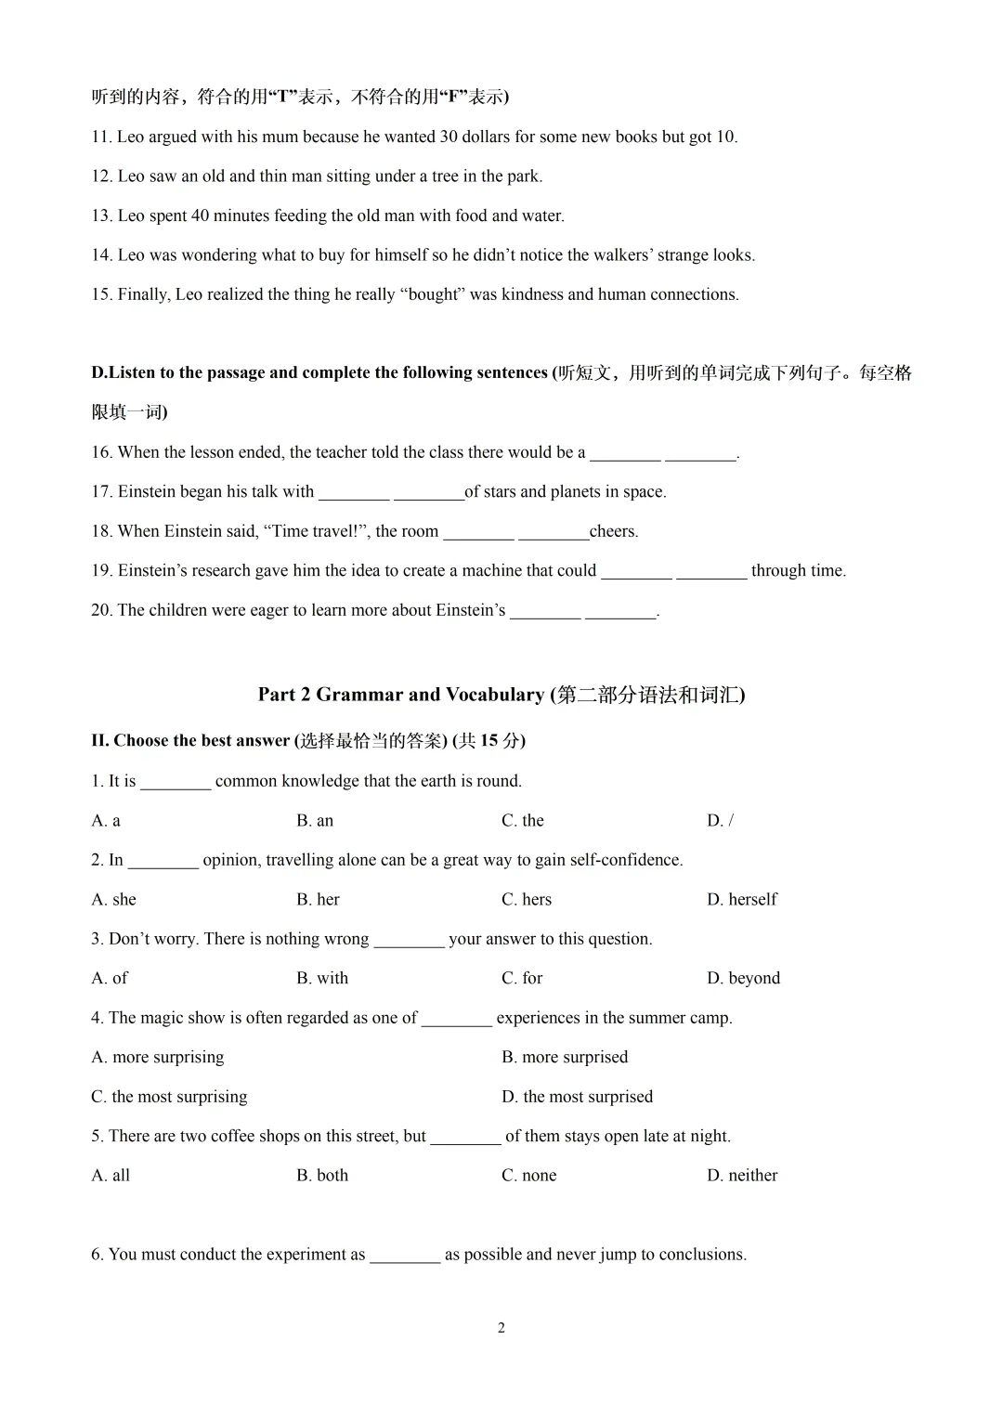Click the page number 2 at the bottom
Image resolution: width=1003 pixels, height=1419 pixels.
pos(501,1328)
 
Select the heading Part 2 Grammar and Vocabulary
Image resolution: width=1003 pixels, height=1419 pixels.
pos(501,695)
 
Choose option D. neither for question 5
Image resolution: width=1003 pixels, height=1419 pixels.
pos(741,1176)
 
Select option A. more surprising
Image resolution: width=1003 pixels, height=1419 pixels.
pos(158,1058)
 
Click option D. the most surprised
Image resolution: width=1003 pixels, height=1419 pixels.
pos(577,1097)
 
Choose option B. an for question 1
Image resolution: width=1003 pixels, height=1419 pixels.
pos(315,821)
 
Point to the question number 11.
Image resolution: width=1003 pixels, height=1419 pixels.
pos(101,137)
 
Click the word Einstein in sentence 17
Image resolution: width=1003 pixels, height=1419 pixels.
pos(150,492)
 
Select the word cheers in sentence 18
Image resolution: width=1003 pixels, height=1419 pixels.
pos(613,532)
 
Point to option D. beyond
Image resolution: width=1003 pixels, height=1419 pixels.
pos(743,979)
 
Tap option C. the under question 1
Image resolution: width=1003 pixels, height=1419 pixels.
pos(523,821)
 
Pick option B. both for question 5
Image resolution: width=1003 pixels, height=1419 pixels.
pos(322,1176)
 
